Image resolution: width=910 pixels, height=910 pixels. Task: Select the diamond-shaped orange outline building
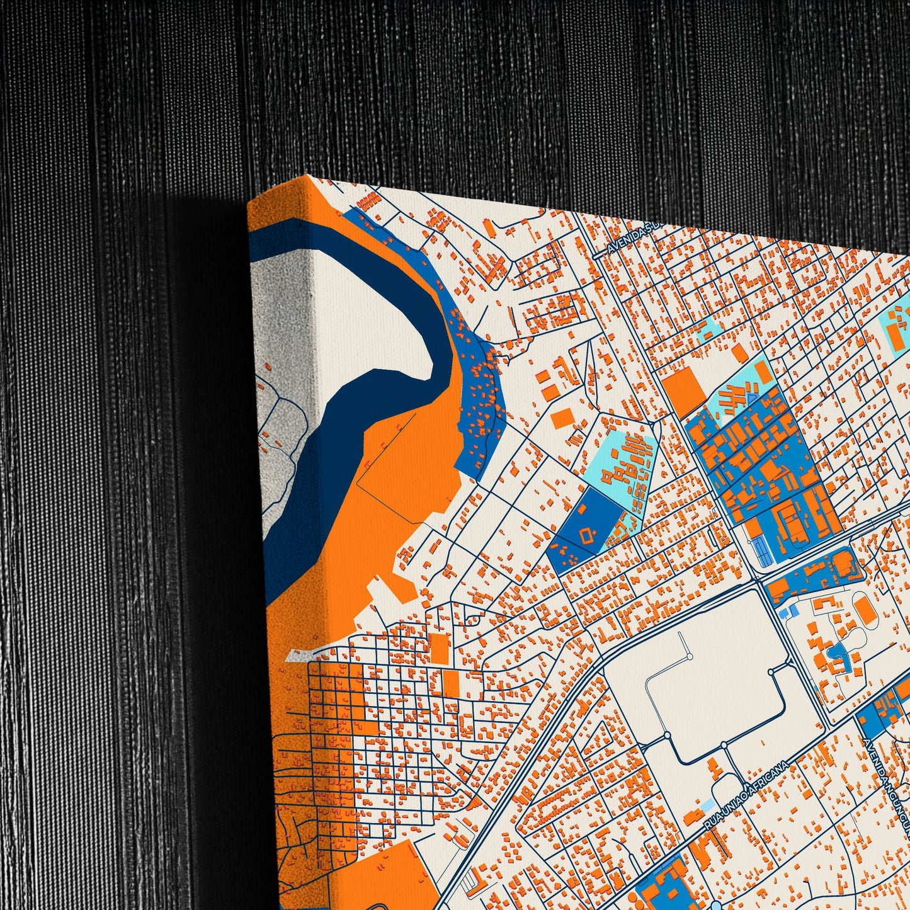(588, 536)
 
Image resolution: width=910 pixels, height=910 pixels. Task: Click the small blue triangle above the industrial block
(751, 397)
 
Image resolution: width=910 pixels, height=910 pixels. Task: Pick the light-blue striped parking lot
(762, 552)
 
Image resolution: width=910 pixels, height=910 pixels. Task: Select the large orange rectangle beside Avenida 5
(684, 388)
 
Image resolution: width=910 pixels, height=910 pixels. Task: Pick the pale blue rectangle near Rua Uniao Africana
(708, 805)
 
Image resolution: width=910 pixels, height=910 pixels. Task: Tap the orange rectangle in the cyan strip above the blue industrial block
(763, 372)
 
